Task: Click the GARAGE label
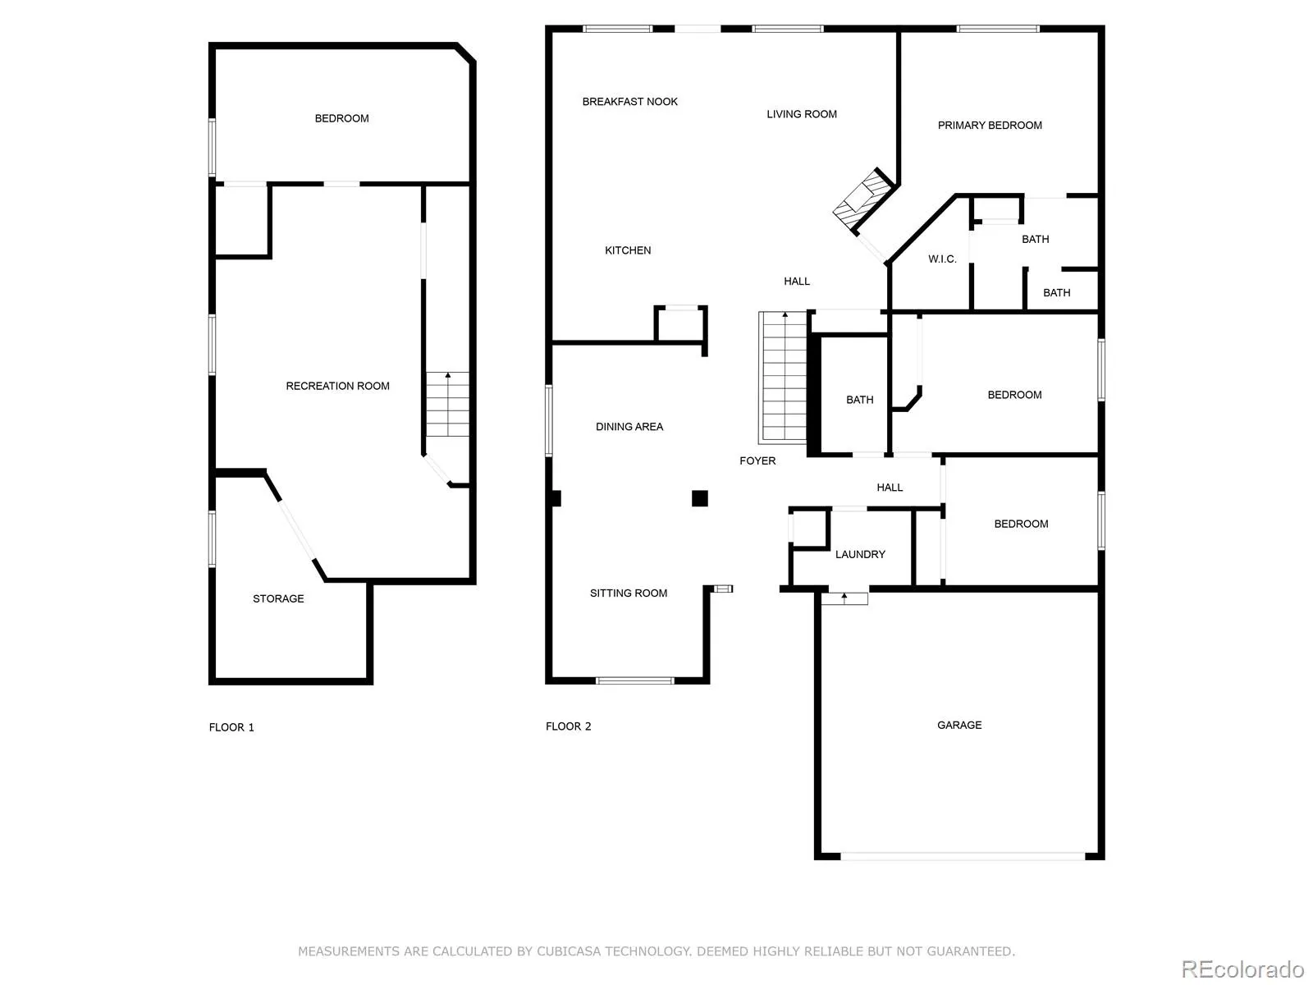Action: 959,725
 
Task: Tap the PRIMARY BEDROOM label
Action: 990,125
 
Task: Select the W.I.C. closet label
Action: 942,259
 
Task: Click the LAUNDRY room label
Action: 860,554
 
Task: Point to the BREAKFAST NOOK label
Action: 629,102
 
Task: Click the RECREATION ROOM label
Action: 337,386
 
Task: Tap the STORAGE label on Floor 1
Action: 278,598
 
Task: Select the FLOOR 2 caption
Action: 568,726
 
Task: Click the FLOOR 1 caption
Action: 231,727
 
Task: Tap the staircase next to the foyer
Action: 783,378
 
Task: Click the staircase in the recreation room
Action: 447,405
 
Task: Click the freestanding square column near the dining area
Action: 699,498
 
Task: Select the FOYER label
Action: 757,460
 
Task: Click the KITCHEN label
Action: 628,250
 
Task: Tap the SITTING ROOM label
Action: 629,593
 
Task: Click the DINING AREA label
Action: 629,427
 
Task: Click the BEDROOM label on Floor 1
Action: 341,118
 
